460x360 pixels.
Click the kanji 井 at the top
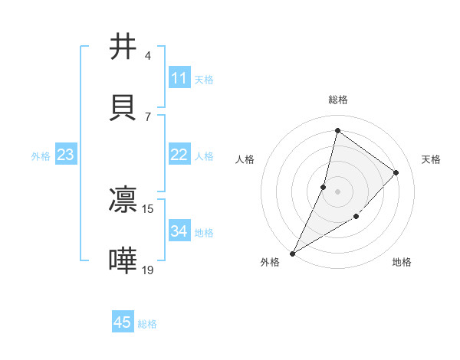coord(123,47)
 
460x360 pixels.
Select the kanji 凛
coord(123,199)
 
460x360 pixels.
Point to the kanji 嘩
coord(123,260)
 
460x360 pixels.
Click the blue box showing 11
coord(179,78)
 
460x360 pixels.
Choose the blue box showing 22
coord(179,155)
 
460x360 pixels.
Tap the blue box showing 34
coord(179,231)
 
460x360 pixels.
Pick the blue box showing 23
coord(66,155)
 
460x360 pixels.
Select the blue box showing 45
coord(122,322)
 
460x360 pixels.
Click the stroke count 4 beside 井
coord(148,55)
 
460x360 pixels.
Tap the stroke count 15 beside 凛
coord(148,208)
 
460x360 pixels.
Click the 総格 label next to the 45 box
coord(147,324)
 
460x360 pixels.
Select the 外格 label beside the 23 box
coord(41,155)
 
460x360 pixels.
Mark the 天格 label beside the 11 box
coord(204,79)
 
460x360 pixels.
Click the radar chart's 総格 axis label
coord(337,100)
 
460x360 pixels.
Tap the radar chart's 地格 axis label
coord(402,262)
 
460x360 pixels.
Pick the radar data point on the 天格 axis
coord(396,172)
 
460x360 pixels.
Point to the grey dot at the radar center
coord(337,191)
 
